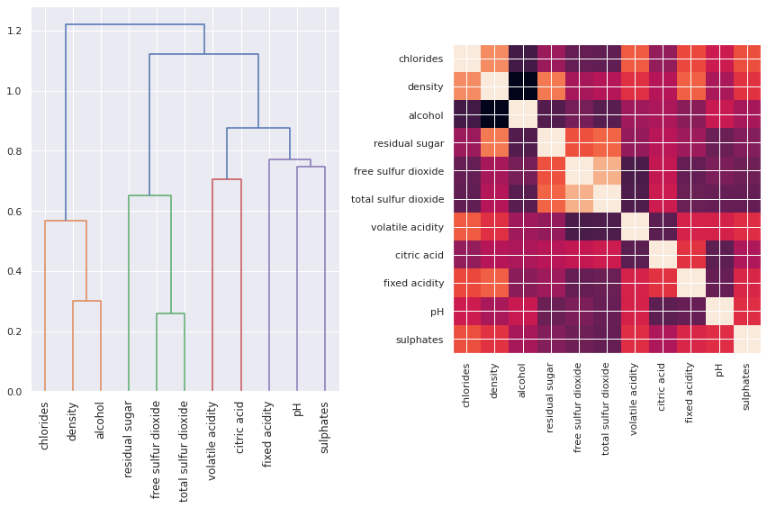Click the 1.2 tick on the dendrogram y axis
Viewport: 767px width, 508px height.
[x=17, y=32]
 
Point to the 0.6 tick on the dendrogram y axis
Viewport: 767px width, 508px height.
[x=17, y=212]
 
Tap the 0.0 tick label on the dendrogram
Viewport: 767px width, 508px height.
[x=17, y=392]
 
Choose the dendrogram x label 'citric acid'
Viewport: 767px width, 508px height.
[x=240, y=431]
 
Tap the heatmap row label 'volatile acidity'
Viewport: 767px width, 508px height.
[x=402, y=227]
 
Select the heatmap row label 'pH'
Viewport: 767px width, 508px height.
[x=437, y=311]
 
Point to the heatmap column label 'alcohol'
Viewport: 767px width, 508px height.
[x=523, y=387]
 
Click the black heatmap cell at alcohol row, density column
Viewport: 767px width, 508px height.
[x=495, y=115]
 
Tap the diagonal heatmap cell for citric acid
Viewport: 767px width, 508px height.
[x=663, y=255]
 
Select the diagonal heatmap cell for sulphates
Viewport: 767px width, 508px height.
[x=746, y=339]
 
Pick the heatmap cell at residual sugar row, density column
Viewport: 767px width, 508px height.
[x=495, y=143]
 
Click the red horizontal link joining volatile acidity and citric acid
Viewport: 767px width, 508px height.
[x=227, y=179]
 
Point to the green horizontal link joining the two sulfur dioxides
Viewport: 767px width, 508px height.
[x=170, y=313]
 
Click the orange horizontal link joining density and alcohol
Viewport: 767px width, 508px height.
[x=86, y=301]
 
